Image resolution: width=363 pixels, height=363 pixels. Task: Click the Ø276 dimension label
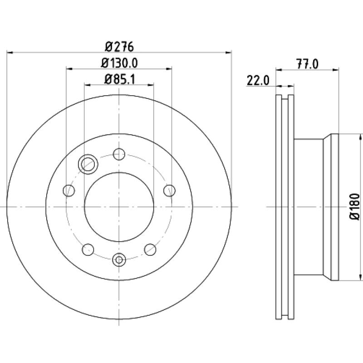119,46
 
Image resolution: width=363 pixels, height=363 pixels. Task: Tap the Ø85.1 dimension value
119,79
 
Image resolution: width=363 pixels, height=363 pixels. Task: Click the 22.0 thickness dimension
259,81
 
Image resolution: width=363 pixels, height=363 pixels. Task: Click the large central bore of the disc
119,207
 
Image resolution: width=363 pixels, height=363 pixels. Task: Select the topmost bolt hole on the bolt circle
119,154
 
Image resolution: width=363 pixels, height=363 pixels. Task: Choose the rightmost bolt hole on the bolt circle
169,190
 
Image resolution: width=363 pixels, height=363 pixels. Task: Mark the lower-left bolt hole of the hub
88,249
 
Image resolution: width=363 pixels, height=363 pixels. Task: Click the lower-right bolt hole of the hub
150,249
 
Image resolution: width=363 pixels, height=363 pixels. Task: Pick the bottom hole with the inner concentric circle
119,260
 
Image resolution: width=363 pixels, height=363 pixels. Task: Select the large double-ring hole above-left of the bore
87,164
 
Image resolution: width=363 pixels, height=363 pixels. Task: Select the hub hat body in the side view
311,207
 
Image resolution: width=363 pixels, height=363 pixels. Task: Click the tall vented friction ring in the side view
285,207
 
